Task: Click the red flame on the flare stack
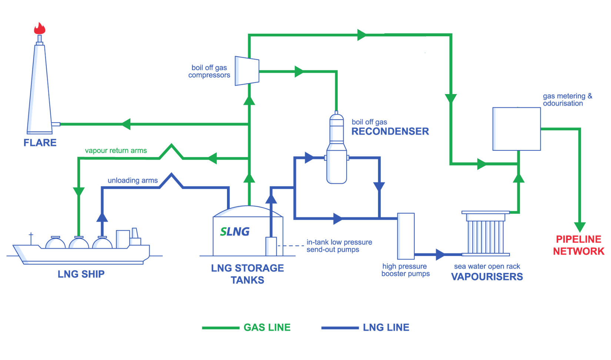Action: (40, 29)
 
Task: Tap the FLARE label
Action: (40, 143)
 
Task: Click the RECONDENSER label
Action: (390, 131)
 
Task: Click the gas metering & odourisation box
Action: (517, 129)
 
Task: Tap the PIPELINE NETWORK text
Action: (579, 245)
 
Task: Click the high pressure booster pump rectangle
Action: (406, 236)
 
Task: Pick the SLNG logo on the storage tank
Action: (235, 232)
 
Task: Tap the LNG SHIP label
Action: (81, 274)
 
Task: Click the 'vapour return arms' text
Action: (116, 151)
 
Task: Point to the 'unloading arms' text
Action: (133, 180)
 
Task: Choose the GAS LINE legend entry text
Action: (267, 327)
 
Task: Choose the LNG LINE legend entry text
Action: (386, 327)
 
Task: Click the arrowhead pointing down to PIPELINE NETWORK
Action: (580, 227)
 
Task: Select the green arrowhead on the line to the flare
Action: (126, 124)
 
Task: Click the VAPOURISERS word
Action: (487, 277)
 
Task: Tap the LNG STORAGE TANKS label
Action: (247, 274)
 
